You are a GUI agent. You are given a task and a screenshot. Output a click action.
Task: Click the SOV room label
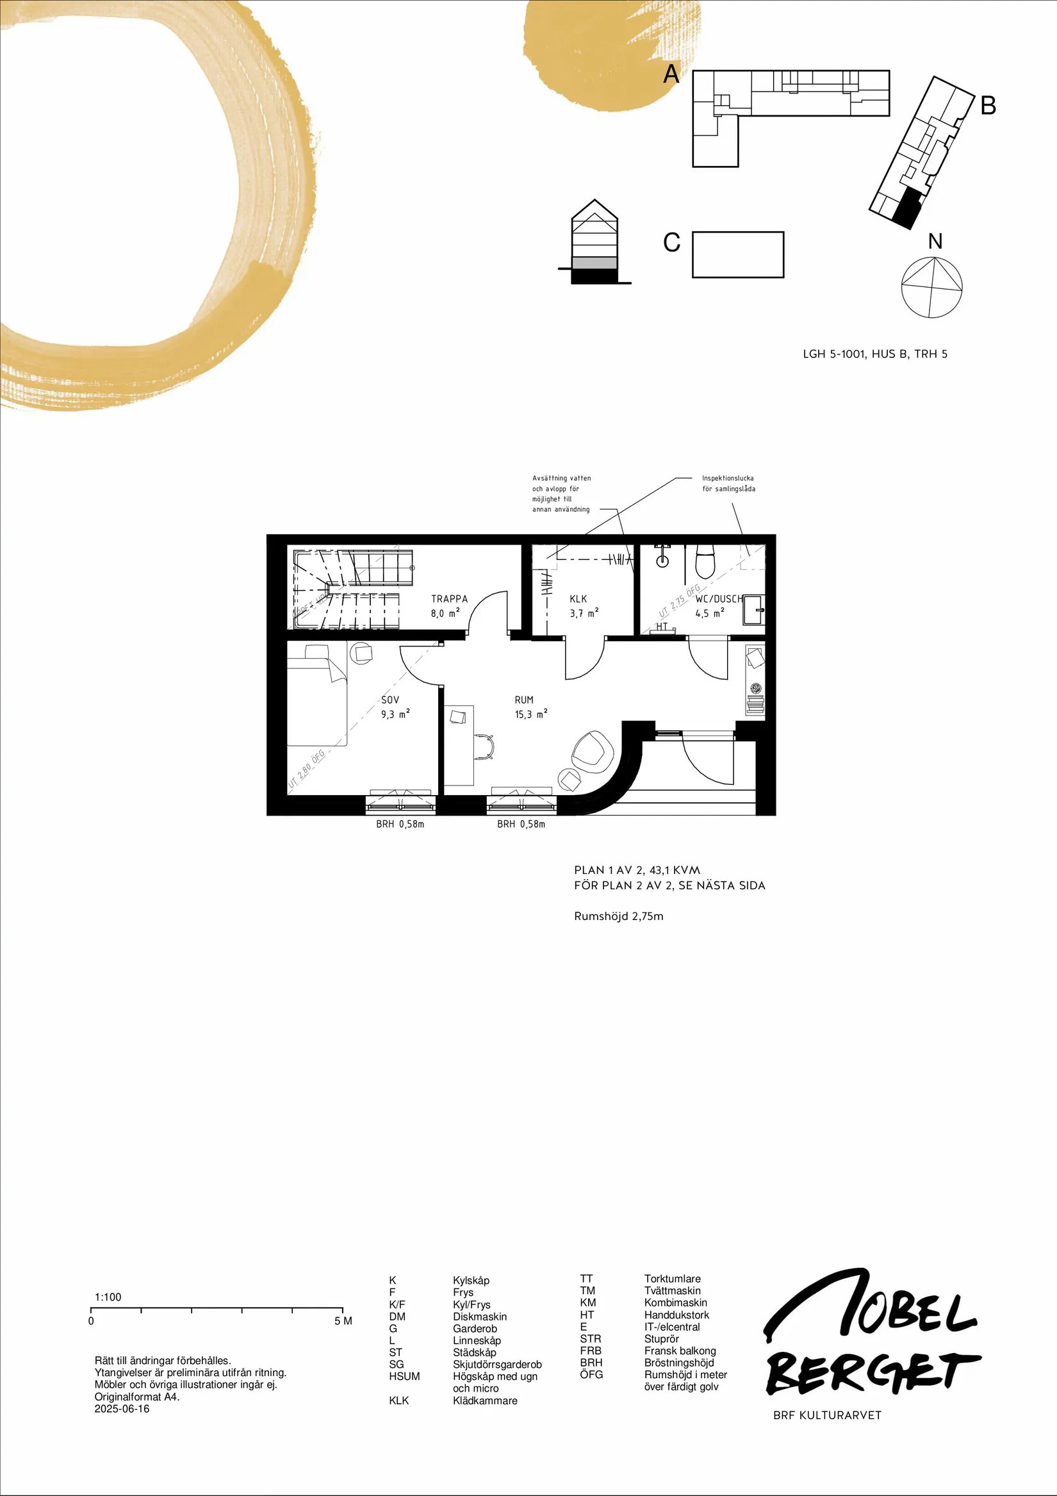coord(389,700)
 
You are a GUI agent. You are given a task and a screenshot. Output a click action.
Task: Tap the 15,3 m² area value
coord(530,714)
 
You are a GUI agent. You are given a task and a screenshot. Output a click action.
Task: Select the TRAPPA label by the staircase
coord(449,599)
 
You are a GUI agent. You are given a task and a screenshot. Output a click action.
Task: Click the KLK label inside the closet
coord(578,599)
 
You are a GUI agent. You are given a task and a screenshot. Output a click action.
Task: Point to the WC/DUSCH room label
coord(719,599)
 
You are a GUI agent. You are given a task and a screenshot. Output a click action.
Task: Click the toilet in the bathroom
coord(705,563)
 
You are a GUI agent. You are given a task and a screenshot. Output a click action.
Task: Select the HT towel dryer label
coord(662,627)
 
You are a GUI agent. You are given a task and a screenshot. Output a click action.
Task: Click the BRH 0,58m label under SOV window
coord(400,824)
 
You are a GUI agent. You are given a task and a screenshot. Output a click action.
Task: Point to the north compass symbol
coord(932,287)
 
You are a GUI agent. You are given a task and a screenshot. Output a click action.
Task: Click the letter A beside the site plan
coord(671,75)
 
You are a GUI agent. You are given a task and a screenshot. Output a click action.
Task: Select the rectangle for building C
coord(738,255)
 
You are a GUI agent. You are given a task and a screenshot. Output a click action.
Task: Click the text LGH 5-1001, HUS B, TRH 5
coord(874,354)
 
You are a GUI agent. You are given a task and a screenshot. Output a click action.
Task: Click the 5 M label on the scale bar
coord(343,1321)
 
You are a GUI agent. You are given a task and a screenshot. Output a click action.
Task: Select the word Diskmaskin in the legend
coord(480,1317)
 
